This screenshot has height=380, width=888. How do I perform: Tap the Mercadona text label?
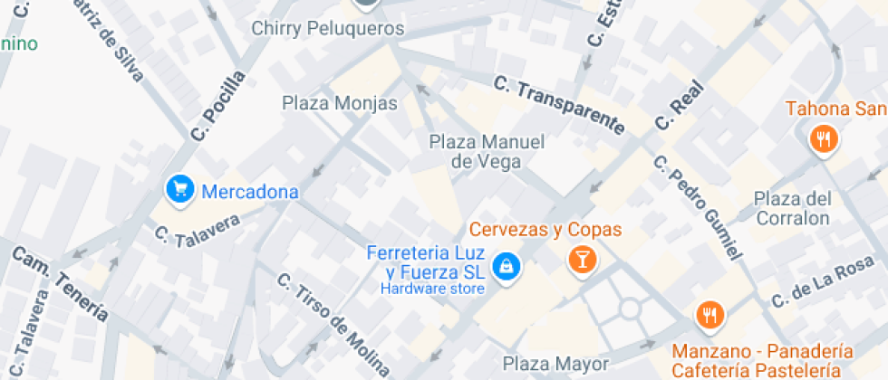(249, 192)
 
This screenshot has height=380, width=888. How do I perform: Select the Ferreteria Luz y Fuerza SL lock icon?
(506, 265)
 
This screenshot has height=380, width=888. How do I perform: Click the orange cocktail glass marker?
(582, 261)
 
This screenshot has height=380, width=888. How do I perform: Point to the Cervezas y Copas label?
(545, 230)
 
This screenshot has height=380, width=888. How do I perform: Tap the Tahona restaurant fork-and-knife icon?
(823, 139)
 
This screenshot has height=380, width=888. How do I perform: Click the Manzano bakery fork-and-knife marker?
(709, 315)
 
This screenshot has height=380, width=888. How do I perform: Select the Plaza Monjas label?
(340, 103)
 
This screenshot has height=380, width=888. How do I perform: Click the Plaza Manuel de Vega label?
(487, 152)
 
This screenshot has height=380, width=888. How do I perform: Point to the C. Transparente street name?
(559, 105)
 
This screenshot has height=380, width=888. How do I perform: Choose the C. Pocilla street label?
(218, 107)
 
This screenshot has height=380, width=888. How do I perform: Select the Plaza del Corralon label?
(792, 208)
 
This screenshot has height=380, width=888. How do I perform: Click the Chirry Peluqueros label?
(327, 29)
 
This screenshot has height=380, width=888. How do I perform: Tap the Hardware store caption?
(432, 289)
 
